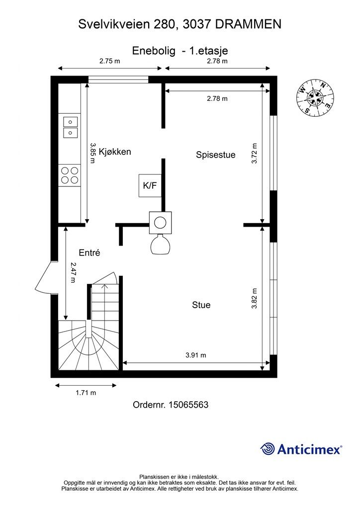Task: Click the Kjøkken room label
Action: pyautogui.click(x=115, y=152)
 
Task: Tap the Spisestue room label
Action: pyautogui.click(x=215, y=155)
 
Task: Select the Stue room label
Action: pyautogui.click(x=201, y=305)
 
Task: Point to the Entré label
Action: pyautogui.click(x=90, y=253)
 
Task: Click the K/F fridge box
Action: pyautogui.click(x=150, y=185)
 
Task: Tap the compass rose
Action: pyautogui.click(x=315, y=97)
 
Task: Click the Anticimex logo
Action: pyautogui.click(x=301, y=449)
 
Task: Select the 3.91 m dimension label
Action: pyautogui.click(x=196, y=355)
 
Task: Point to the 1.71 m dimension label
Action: pyautogui.click(x=86, y=393)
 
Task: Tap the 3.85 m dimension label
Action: pyautogui.click(x=92, y=153)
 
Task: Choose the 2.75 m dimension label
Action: pyautogui.click(x=110, y=61)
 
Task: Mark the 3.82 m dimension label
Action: pyautogui.click(x=255, y=298)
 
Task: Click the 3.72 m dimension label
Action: pyautogui.click(x=255, y=153)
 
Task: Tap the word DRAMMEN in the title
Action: pyautogui.click(x=248, y=24)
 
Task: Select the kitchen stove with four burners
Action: pyautogui.click(x=70, y=175)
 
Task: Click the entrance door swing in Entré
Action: pyautogui.click(x=44, y=276)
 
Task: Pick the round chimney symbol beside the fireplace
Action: pyautogui.click(x=160, y=223)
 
